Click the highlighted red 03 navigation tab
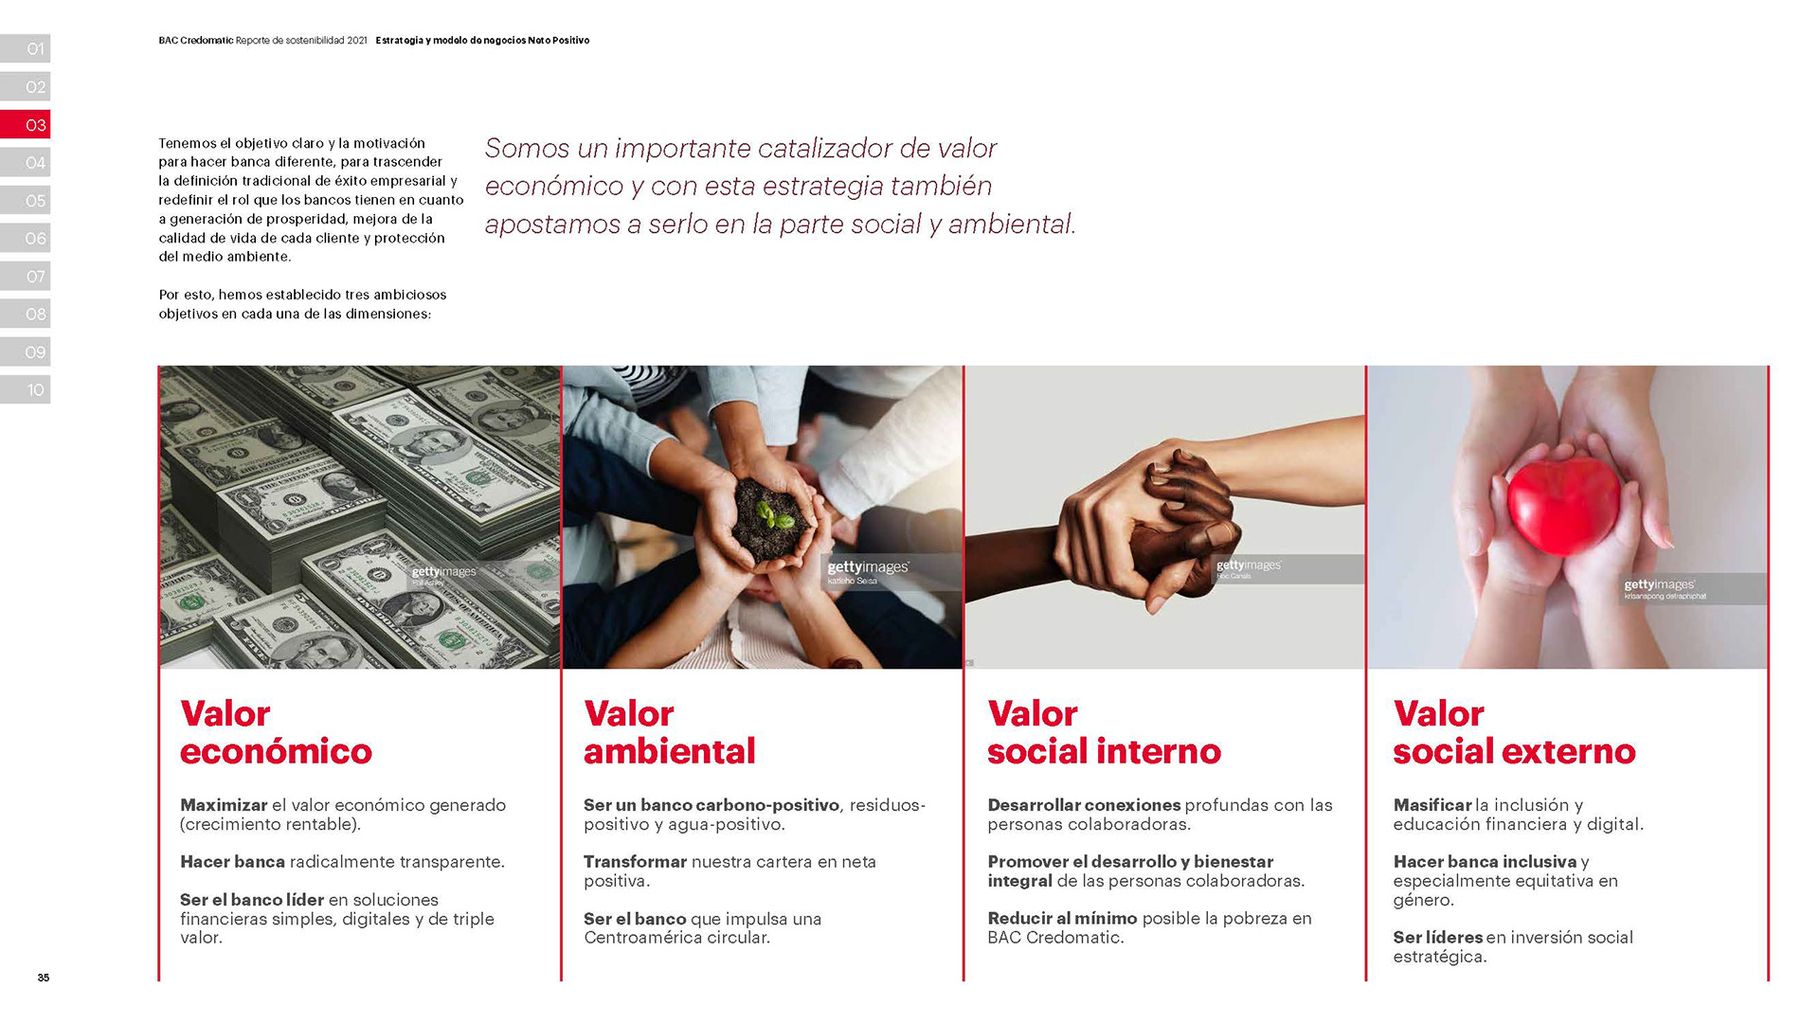point(25,124)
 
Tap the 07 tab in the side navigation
point(25,276)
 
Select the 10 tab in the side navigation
point(25,389)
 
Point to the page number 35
point(44,978)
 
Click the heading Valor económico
point(276,732)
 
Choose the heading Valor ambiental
point(669,732)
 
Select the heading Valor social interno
point(1104,732)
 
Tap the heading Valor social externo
point(1514,732)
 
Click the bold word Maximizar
point(224,805)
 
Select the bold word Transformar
point(635,862)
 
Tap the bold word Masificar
point(1432,805)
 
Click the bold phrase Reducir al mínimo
point(1062,918)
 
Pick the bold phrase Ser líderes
point(1437,937)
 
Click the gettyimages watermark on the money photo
point(443,572)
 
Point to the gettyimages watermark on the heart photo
point(1659,584)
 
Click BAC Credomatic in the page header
point(196,41)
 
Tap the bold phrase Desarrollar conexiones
point(1084,805)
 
